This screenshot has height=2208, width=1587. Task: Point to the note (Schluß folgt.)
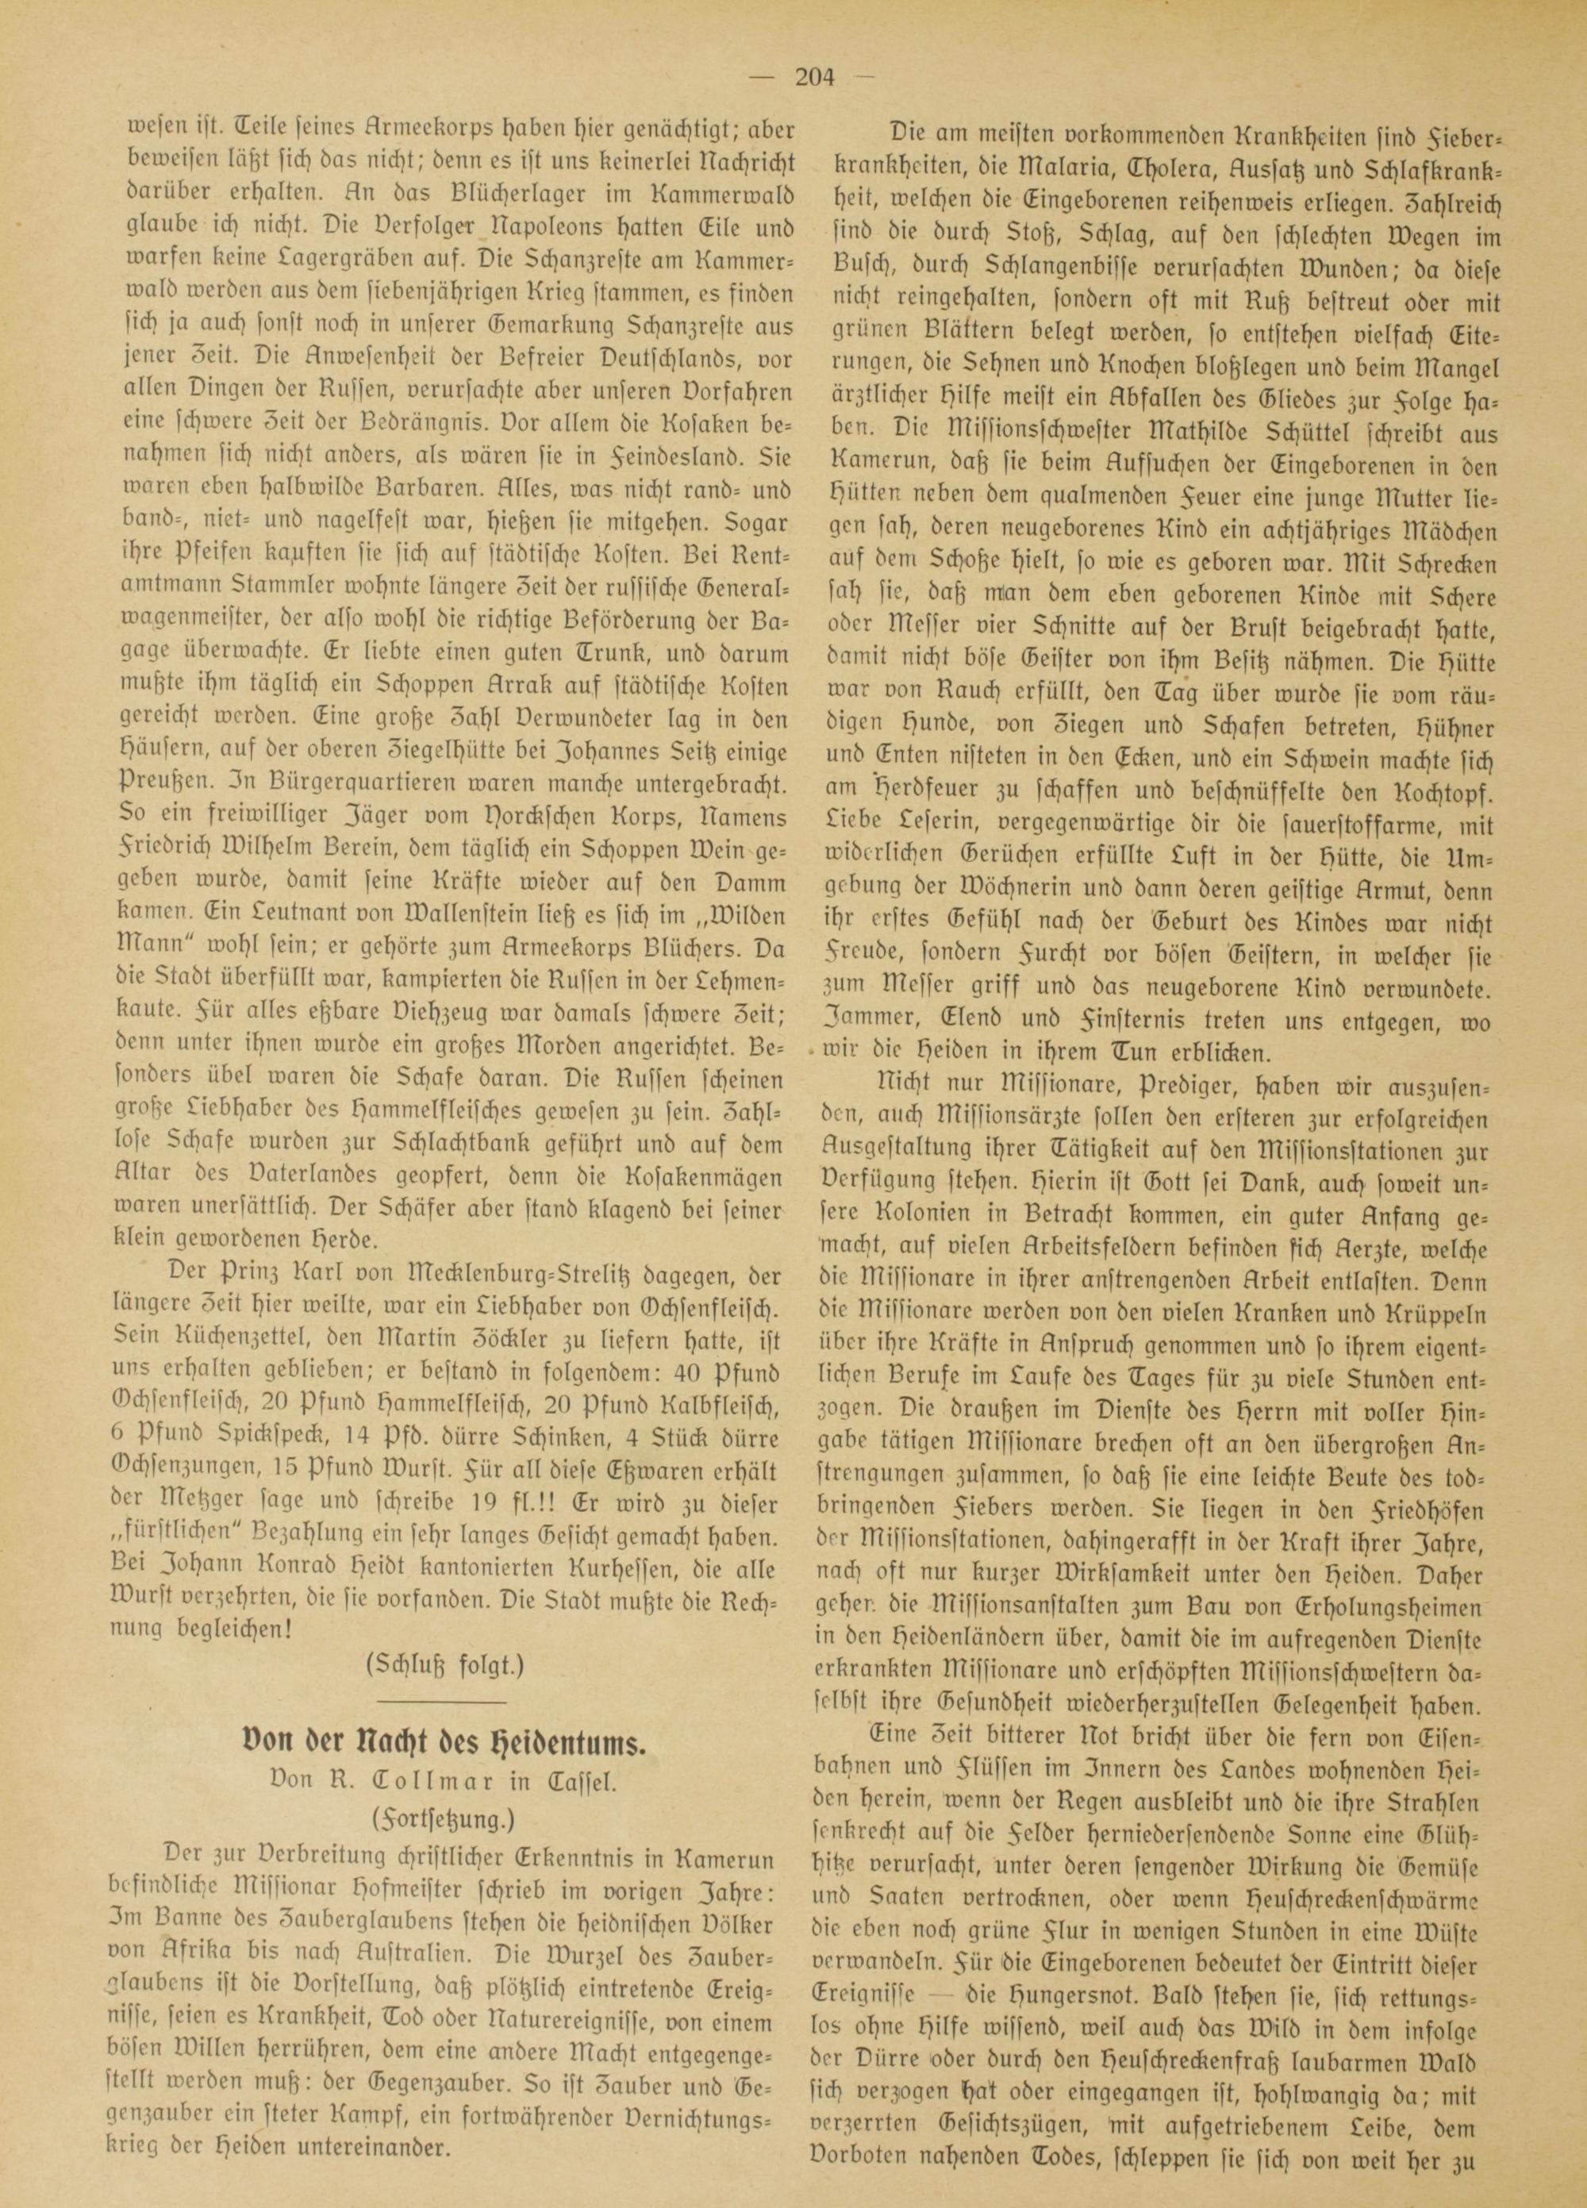(444, 1664)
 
